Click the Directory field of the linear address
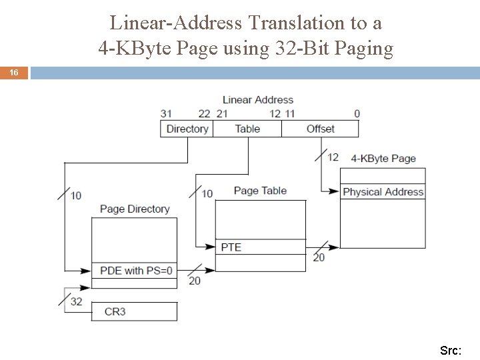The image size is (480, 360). tap(187, 129)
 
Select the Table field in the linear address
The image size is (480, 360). tap(247, 129)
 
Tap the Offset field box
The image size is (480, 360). tap(321, 129)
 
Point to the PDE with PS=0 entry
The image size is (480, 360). tap(135, 271)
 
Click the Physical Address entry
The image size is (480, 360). tap(383, 192)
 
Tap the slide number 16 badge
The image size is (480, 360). tap(14, 72)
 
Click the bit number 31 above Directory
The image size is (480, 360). tap(166, 114)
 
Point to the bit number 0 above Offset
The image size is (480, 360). tap(357, 114)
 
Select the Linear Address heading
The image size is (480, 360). tap(257, 100)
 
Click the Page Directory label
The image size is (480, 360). tap(135, 209)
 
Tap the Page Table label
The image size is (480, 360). tap(260, 191)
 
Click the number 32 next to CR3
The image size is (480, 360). tap(76, 301)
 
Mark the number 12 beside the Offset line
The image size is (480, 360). tap(333, 157)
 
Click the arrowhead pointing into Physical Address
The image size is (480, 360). tap(335, 192)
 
